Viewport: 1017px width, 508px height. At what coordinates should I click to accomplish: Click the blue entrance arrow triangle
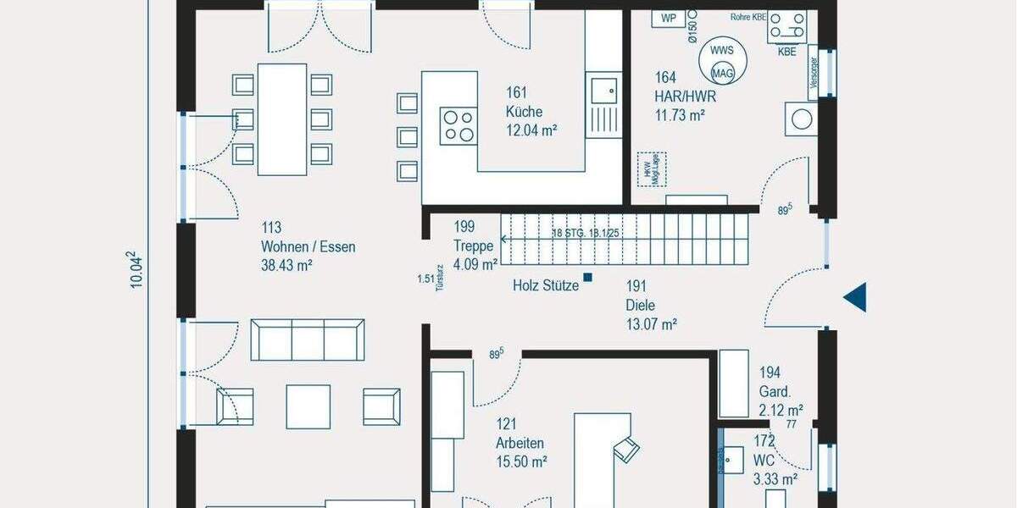click(x=856, y=297)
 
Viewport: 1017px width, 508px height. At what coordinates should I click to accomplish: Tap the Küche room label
click(x=524, y=112)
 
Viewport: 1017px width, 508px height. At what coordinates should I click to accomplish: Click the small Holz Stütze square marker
click(x=587, y=278)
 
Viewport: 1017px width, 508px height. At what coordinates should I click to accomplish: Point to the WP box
click(x=668, y=18)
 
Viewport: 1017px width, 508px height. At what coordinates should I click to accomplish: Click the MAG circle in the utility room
click(x=722, y=74)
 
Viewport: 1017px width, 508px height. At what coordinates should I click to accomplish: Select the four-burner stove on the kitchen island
click(x=458, y=125)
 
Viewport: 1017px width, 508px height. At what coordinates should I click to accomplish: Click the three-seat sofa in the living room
click(x=308, y=340)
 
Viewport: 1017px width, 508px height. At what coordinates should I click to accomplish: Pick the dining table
click(x=282, y=119)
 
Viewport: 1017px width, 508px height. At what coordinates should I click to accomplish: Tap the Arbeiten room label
click(x=520, y=443)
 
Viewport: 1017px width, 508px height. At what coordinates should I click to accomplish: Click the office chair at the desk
click(x=627, y=449)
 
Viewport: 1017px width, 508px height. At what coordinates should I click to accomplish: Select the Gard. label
click(x=775, y=392)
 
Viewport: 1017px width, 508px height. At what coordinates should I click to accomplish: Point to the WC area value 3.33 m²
click(x=775, y=479)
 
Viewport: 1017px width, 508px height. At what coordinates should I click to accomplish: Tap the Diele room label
click(x=641, y=306)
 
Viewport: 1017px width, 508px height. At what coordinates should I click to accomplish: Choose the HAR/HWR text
click(x=679, y=97)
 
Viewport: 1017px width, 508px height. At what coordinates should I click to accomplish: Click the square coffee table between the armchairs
click(x=308, y=406)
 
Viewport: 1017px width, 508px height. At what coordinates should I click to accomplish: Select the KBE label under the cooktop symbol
click(x=786, y=51)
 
